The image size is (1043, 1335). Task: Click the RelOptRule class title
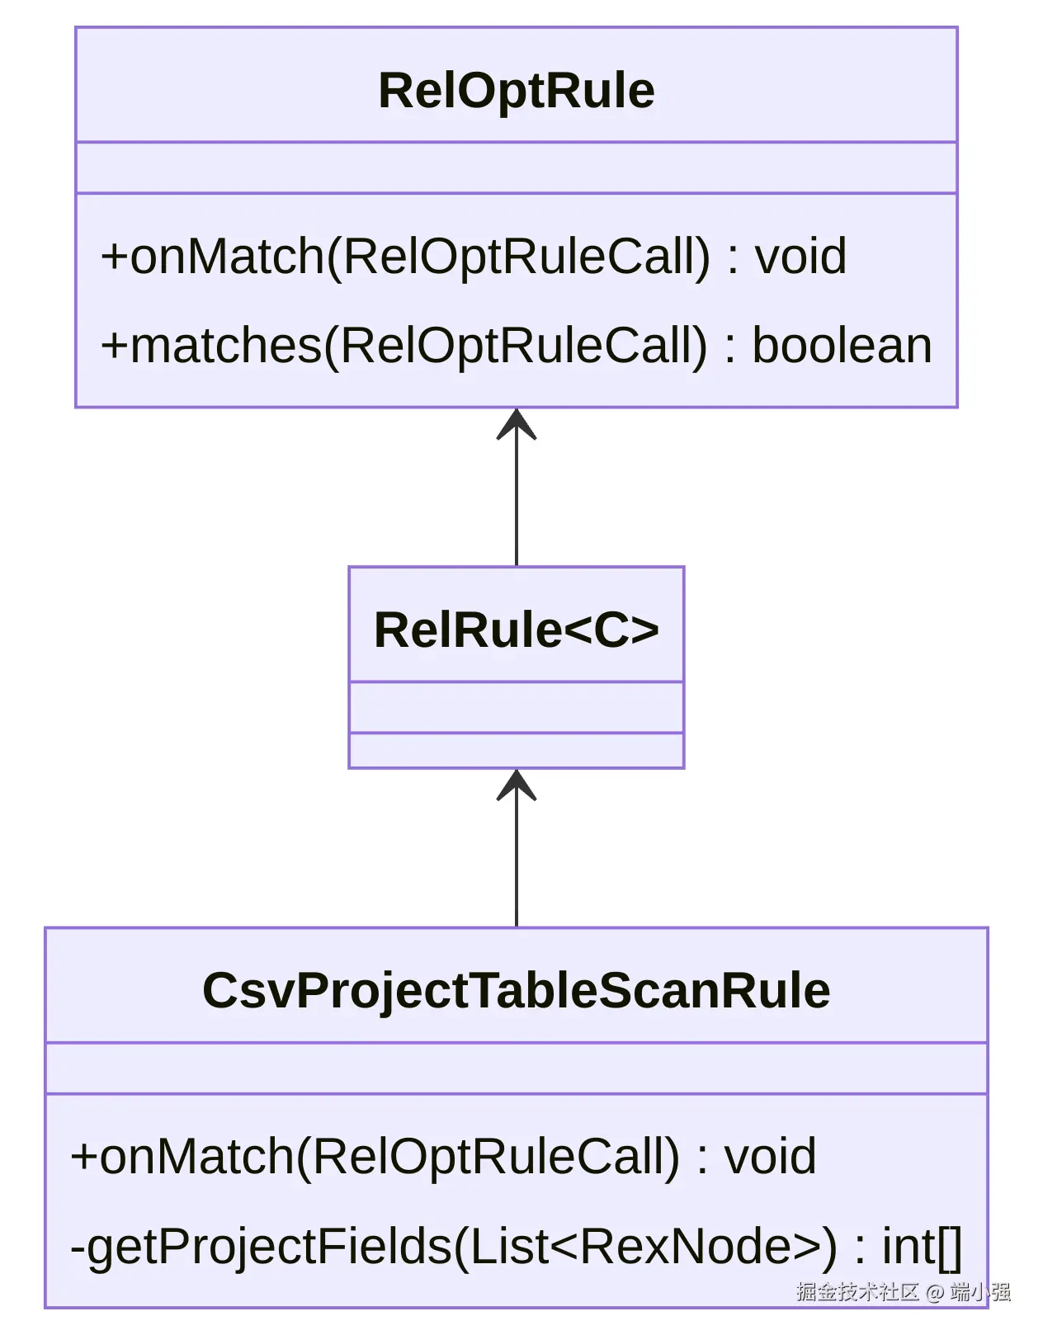516,90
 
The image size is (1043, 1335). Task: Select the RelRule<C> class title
516,630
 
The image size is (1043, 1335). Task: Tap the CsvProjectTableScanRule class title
516,990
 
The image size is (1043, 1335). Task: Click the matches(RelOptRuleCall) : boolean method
516,345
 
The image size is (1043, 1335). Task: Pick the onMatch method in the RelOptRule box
473,256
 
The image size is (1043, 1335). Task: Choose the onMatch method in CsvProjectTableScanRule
443,1156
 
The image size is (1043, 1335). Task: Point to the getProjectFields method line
516,1246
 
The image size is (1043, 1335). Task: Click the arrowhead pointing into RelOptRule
517,424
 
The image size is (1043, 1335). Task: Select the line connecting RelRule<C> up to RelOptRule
517,503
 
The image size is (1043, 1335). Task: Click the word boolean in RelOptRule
842,345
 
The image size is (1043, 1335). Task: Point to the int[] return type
922,1246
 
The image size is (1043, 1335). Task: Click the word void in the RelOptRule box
800,256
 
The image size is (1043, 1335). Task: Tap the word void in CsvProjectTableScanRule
770,1156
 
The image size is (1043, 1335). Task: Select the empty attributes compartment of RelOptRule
516,168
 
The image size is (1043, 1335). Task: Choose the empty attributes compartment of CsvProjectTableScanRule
516,1068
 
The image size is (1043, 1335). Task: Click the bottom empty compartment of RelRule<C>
516,750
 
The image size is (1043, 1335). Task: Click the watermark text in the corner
903,1291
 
